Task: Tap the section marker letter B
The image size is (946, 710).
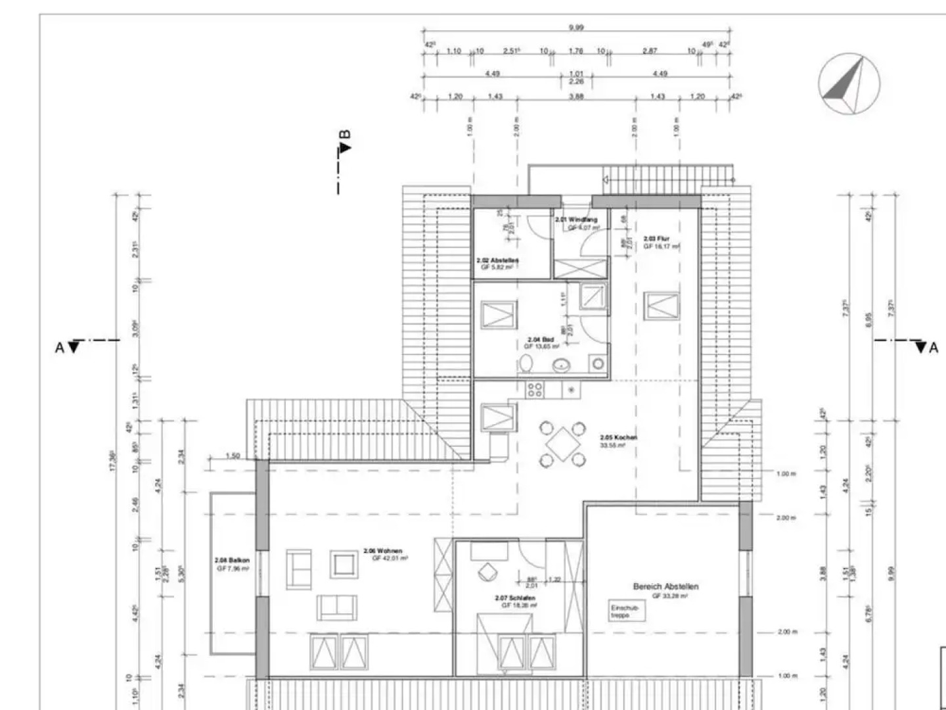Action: tap(345, 135)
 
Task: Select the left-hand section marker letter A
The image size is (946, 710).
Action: tap(60, 347)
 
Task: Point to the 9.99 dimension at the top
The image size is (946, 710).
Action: tap(576, 28)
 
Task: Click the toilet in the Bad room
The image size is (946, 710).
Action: tap(526, 364)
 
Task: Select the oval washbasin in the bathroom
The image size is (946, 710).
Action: tap(562, 366)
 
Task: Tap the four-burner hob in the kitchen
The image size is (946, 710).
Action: tap(535, 390)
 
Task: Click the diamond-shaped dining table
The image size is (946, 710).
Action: tap(562, 444)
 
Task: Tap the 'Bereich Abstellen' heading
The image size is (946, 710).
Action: tap(665, 586)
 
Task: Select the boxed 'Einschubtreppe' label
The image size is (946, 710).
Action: tap(625, 611)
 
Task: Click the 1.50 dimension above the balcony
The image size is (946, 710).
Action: tap(233, 456)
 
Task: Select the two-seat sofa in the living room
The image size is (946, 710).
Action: tap(337, 607)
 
